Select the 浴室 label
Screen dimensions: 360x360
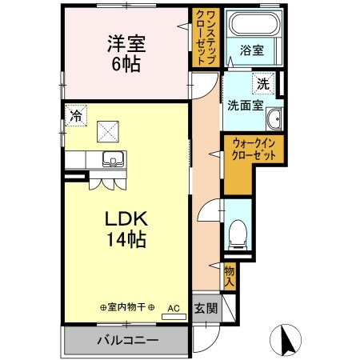(x=251, y=50)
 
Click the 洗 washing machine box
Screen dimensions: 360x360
(x=262, y=82)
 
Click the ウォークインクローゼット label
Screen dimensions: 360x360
(x=254, y=150)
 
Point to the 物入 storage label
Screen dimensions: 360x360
(x=230, y=276)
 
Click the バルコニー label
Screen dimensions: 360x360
(x=127, y=340)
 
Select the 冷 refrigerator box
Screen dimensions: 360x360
(x=75, y=115)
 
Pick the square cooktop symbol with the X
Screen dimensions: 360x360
(x=107, y=130)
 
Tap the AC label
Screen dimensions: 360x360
(x=172, y=307)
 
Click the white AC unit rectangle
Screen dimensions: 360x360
(x=173, y=317)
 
